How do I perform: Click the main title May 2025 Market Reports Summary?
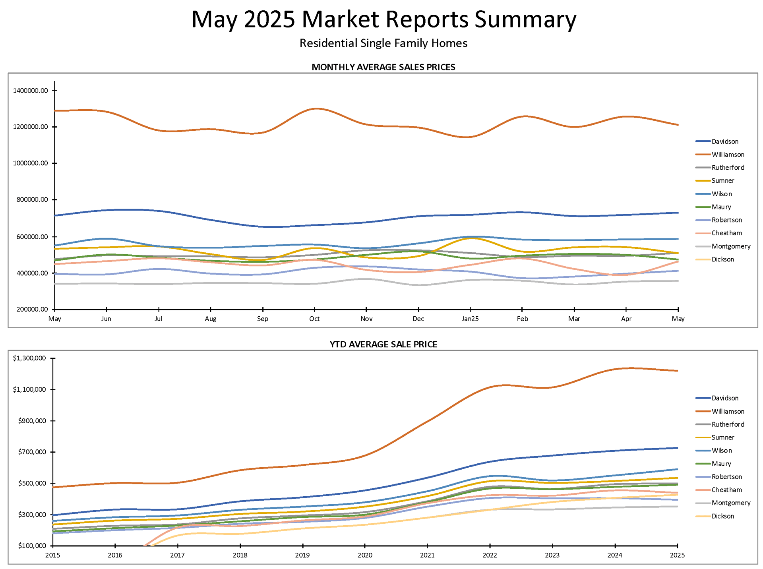pyautogui.click(x=383, y=19)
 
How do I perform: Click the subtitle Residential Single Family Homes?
pyautogui.click(x=383, y=43)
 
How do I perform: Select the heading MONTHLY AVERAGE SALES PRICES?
pyautogui.click(x=383, y=67)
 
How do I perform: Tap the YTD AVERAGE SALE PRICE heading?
pyautogui.click(x=383, y=344)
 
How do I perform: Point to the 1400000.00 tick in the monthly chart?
pyautogui.click(x=30, y=91)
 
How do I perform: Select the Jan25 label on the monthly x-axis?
pyautogui.click(x=470, y=319)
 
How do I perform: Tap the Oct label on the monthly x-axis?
pyautogui.click(x=314, y=319)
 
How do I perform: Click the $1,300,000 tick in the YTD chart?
pyautogui.click(x=29, y=358)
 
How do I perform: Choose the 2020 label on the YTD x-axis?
pyautogui.click(x=365, y=555)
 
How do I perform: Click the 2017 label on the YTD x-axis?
pyautogui.click(x=177, y=555)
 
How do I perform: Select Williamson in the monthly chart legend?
pyautogui.click(x=728, y=155)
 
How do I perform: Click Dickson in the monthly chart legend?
pyautogui.click(x=722, y=259)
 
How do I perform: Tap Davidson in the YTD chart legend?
pyautogui.click(x=725, y=398)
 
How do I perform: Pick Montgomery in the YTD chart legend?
pyautogui.click(x=731, y=503)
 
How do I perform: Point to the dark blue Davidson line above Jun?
pyautogui.click(x=107, y=210)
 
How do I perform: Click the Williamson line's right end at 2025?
pyautogui.click(x=677, y=371)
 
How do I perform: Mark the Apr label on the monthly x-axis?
pyautogui.click(x=626, y=319)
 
